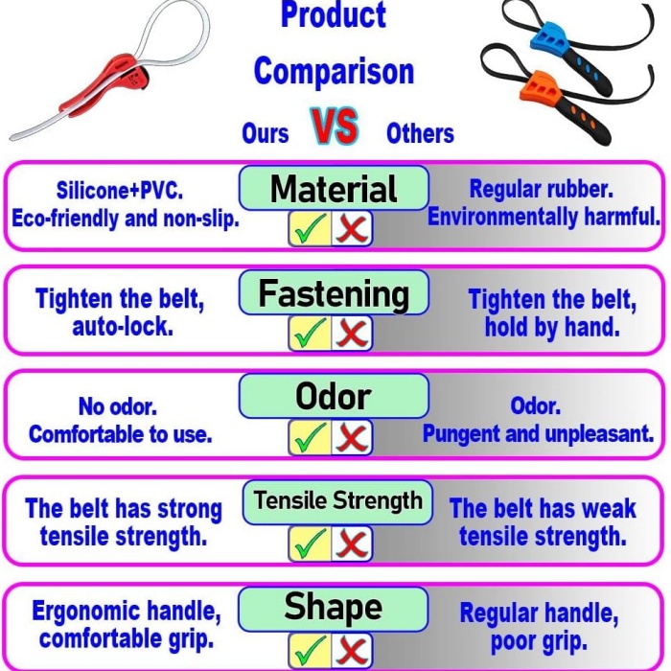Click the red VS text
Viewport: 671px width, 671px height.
tap(335, 126)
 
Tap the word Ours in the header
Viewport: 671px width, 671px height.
tap(266, 133)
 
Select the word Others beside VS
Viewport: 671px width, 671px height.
tap(420, 133)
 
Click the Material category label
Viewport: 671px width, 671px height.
tap(334, 188)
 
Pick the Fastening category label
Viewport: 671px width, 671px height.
tap(334, 293)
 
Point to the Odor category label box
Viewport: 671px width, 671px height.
tap(334, 396)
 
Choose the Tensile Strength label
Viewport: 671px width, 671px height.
tap(337, 501)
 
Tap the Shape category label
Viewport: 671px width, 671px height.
tap(334, 608)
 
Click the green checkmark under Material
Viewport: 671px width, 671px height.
tap(311, 229)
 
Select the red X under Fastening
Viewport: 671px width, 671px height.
tap(352, 334)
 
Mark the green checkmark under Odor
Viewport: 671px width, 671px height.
tap(311, 437)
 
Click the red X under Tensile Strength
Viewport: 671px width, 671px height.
tap(352, 544)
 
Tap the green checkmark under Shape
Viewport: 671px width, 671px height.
tap(311, 650)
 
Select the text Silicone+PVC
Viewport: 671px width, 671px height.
tap(120, 190)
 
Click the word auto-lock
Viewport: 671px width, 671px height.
tap(123, 328)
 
